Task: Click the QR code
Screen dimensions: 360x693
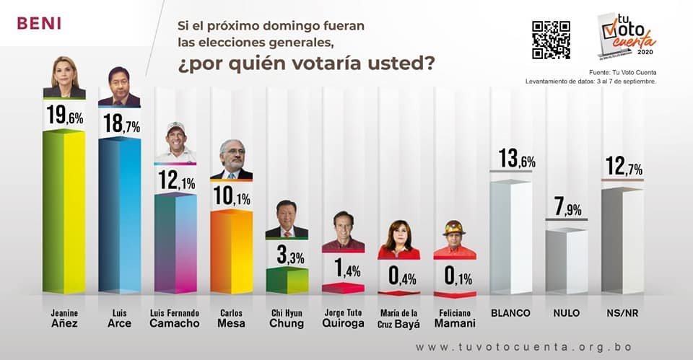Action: (x=551, y=40)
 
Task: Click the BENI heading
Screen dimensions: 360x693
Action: (x=39, y=23)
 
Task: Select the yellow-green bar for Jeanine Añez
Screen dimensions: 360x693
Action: (x=64, y=212)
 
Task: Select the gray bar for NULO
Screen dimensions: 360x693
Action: (x=566, y=262)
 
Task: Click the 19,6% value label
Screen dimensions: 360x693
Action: (x=64, y=115)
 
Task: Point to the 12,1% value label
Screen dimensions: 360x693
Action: (x=175, y=180)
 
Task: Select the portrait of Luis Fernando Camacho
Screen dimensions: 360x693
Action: (x=175, y=142)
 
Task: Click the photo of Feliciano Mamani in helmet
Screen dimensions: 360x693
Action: (x=454, y=239)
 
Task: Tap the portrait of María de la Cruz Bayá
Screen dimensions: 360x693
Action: (x=398, y=240)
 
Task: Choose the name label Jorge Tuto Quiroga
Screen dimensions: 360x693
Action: (x=343, y=318)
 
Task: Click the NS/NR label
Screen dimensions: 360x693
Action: (x=622, y=313)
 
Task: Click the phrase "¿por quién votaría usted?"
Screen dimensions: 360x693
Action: (x=306, y=63)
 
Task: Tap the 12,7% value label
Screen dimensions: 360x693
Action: (x=622, y=167)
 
